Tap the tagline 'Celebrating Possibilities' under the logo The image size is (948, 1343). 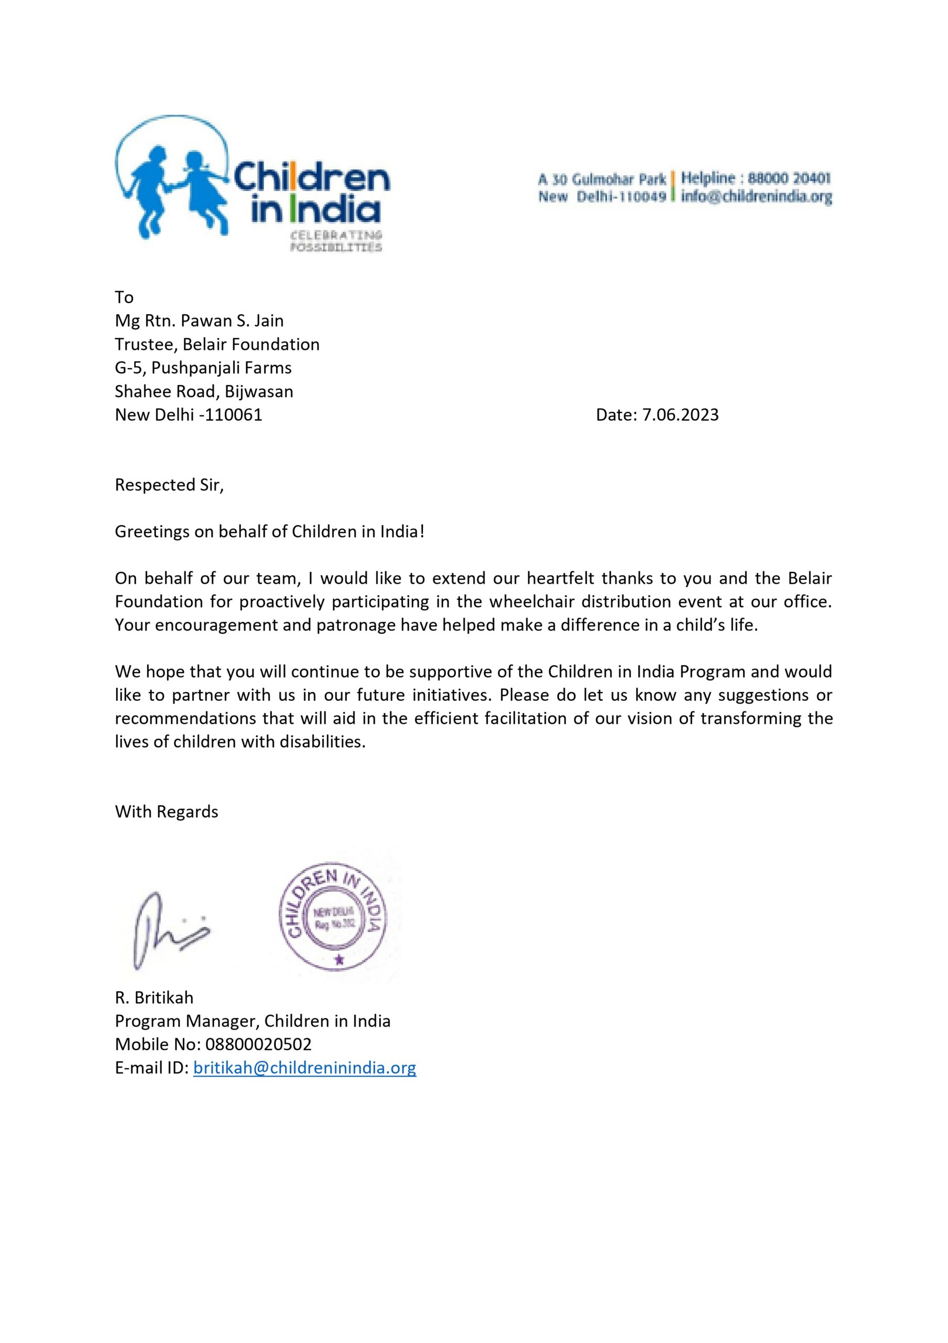pos(336,241)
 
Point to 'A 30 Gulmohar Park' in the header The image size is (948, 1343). pos(602,178)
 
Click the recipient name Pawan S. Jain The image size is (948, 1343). pos(232,321)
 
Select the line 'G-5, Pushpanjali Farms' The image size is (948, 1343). pos(203,367)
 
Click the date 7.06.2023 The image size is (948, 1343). pos(680,415)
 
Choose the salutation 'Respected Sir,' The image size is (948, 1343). pos(169,485)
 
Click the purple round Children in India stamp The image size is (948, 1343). pos(333,915)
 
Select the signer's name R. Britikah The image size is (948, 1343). pos(154,997)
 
